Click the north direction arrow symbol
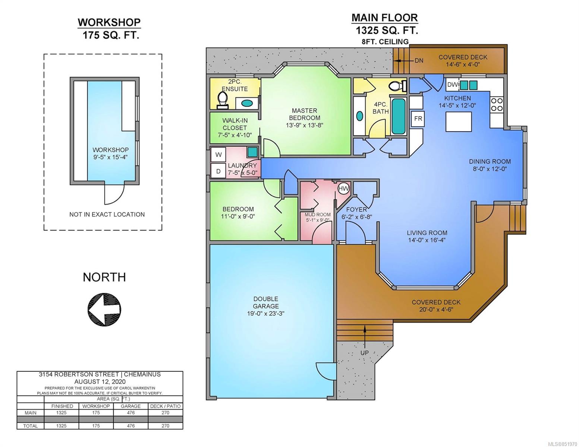[x=104, y=309]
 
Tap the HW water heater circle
[x=343, y=189]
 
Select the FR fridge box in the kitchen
[x=418, y=118]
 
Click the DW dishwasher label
[x=453, y=85]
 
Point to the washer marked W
[x=218, y=155]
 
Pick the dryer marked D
[x=218, y=171]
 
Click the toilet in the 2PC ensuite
[x=223, y=100]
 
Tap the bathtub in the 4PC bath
[x=398, y=116]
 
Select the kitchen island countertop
[x=458, y=121]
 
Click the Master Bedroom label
[x=304, y=114]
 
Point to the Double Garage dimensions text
[x=266, y=313]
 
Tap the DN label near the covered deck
[x=419, y=61]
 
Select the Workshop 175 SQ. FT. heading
[x=110, y=28]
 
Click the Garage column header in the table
[x=130, y=406]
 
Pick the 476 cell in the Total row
[x=130, y=426]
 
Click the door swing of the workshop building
[x=114, y=194]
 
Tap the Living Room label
[x=427, y=233]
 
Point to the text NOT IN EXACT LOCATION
[x=107, y=214]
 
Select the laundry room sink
[x=252, y=152]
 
